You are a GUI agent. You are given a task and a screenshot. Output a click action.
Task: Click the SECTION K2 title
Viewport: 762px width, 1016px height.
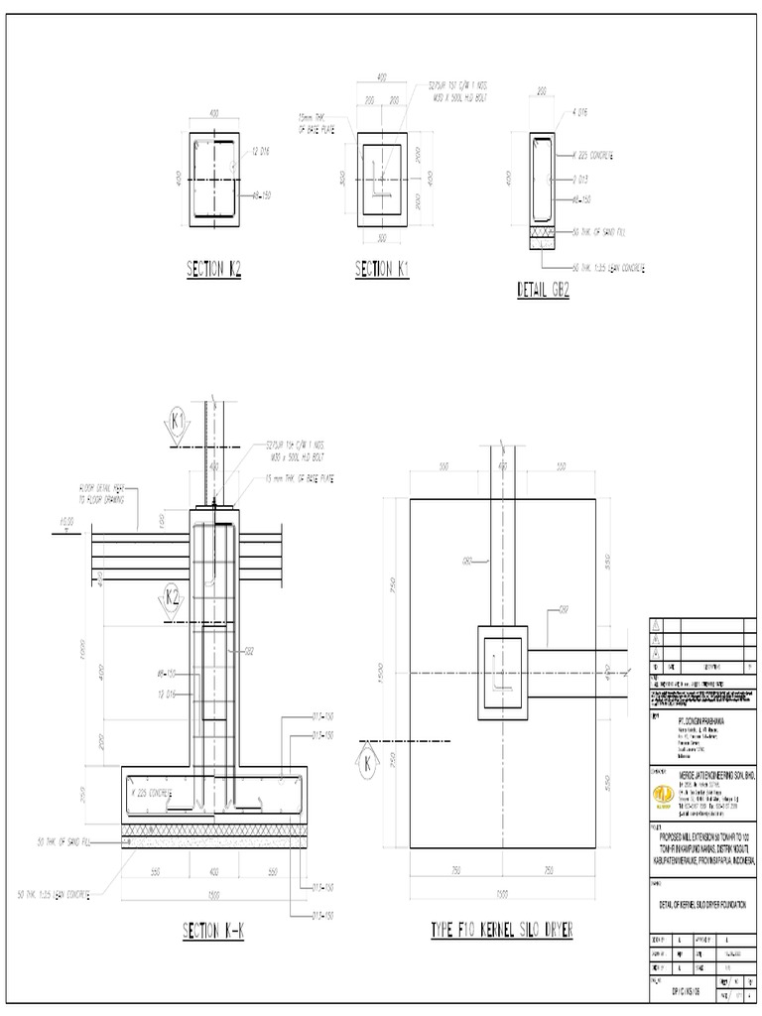coord(214,268)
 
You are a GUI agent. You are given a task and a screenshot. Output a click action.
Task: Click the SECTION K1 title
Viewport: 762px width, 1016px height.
coord(382,268)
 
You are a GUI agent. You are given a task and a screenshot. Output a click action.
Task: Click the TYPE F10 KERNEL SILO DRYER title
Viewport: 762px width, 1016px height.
coord(501,930)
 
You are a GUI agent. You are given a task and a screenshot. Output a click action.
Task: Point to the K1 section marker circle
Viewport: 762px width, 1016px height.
coord(180,423)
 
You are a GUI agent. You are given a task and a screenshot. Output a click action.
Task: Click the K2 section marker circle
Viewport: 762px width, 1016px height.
coord(173,597)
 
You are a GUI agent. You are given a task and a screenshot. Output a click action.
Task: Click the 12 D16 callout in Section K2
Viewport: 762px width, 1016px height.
coord(262,151)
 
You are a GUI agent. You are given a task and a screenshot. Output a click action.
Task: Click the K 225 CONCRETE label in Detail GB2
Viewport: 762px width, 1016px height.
coord(593,156)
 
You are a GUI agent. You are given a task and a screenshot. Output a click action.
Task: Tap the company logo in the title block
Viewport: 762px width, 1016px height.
coord(662,795)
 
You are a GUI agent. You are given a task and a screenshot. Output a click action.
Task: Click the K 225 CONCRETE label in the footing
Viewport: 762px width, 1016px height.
coord(151,793)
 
